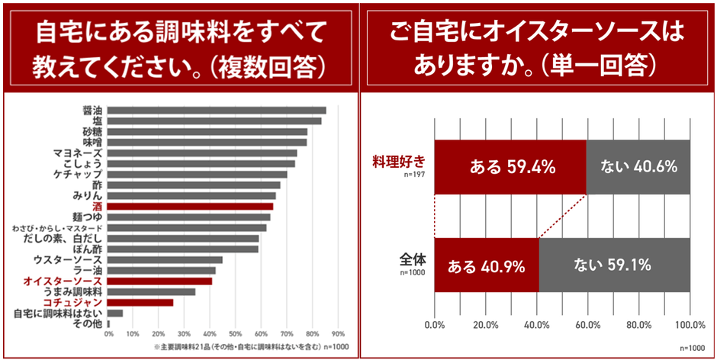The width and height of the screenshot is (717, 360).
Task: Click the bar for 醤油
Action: pyautogui.click(x=217, y=111)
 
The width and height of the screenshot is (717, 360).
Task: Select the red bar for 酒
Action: pyautogui.click(x=191, y=206)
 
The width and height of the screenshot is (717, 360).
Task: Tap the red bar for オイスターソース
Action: pyautogui.click(x=160, y=281)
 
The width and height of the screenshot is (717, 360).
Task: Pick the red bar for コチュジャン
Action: pyautogui.click(x=141, y=302)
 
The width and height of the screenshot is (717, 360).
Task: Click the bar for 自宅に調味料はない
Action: pyautogui.click(x=115, y=313)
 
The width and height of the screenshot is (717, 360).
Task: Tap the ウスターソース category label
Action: pyautogui.click(x=74, y=259)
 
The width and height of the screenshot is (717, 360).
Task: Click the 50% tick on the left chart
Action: pyautogui.click(x=236, y=333)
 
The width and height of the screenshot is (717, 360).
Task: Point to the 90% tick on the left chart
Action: pyautogui.click(x=338, y=333)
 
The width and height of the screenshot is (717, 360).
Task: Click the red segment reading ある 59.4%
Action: pyautogui.click(x=510, y=167)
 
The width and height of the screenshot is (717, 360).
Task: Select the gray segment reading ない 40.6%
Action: pyautogui.click(x=638, y=167)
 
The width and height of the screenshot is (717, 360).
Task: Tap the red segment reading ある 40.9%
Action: pyautogui.click(x=487, y=265)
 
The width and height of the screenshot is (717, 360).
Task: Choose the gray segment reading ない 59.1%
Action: pyautogui.click(x=614, y=265)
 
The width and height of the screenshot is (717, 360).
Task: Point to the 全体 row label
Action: pyautogui.click(x=412, y=259)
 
